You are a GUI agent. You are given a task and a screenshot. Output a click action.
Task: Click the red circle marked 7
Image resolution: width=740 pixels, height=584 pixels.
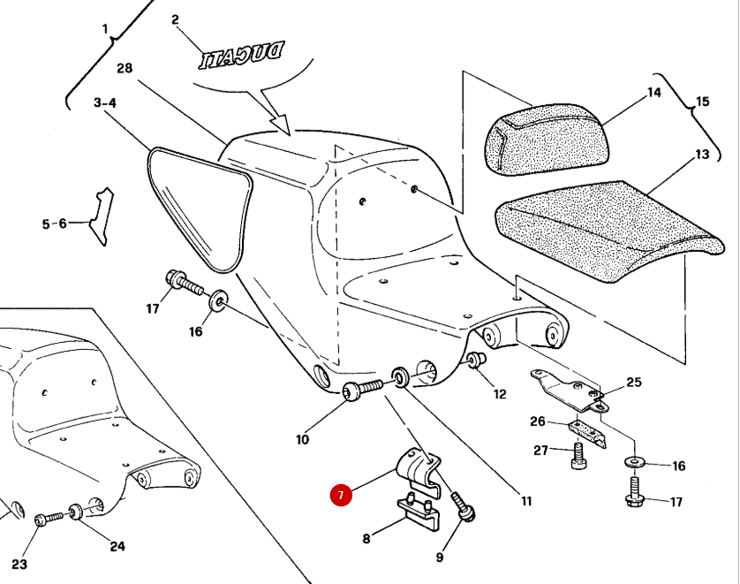[341, 496]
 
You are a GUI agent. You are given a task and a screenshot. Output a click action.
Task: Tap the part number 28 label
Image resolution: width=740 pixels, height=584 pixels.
[125, 68]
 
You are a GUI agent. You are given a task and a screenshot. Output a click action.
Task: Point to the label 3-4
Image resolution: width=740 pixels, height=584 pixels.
[105, 103]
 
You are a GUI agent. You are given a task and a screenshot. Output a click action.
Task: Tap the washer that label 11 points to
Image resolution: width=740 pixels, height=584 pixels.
[399, 379]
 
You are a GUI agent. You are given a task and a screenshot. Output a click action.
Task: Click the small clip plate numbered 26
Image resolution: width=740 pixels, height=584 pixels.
[586, 431]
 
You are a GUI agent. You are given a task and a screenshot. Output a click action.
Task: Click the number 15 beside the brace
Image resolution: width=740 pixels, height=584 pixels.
[702, 102]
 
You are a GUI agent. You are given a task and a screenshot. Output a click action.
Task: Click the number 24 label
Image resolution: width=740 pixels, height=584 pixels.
[117, 546]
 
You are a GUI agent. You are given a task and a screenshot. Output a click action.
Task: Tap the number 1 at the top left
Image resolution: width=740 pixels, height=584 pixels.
[105, 29]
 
